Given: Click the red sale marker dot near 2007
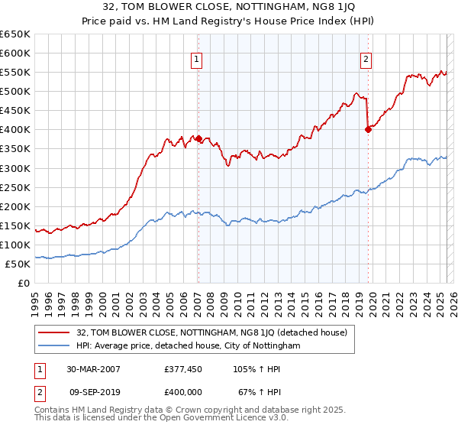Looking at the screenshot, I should coord(198,138).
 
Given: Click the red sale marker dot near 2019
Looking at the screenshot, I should coord(368,129).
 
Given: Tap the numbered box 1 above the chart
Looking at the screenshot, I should coord(197,60).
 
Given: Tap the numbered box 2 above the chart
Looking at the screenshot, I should coord(366,60).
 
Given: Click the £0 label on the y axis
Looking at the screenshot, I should coord(24,283).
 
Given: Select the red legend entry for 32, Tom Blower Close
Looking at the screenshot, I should coord(211,332).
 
